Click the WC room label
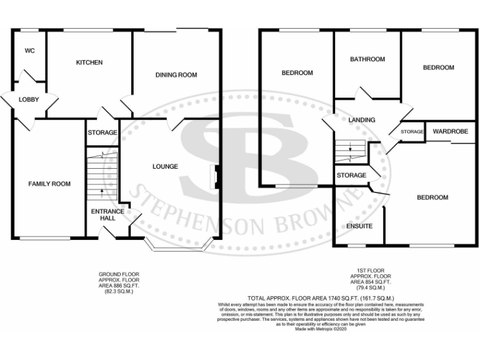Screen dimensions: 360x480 click(29, 51)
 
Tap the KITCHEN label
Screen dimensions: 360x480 click(89, 62)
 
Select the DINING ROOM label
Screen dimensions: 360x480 click(176, 75)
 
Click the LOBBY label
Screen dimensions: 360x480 click(29, 100)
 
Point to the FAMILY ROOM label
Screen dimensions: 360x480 click(49, 184)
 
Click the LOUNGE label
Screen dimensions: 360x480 click(165, 166)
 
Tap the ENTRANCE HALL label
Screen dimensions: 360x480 click(107, 215)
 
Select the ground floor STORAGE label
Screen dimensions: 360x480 click(102, 133)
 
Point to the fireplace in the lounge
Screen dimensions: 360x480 click(216, 177)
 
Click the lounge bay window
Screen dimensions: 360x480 click(176, 247)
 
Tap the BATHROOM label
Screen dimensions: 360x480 click(367, 59)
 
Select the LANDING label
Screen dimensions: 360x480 click(362, 120)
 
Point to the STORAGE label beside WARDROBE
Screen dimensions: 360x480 click(412, 132)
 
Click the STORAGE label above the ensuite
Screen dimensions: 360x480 click(351, 176)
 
